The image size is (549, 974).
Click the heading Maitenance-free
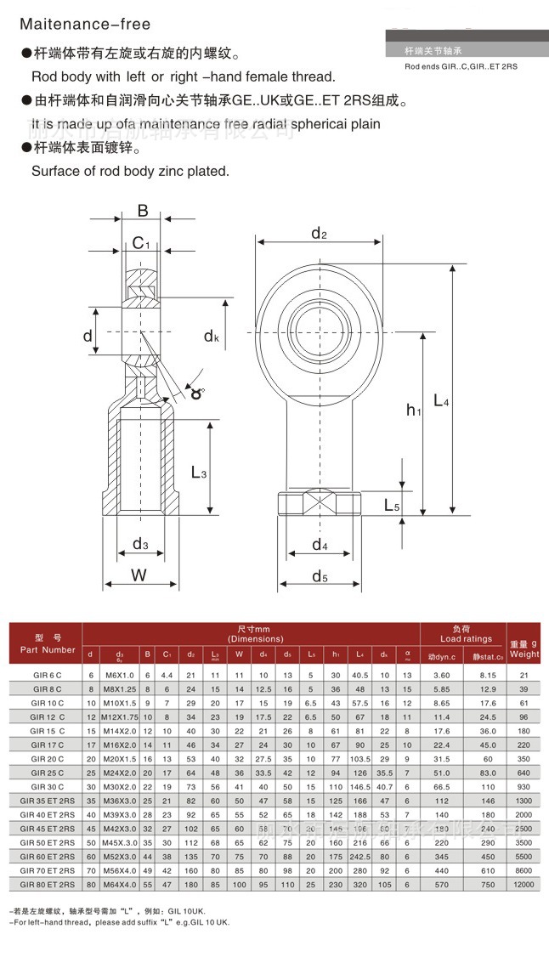pos(84,24)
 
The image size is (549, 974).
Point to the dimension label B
pos(143,212)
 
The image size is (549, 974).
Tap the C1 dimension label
pos(142,245)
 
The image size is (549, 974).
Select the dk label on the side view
pos(212,337)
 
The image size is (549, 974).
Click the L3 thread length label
pos(199,472)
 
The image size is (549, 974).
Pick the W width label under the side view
pos(139,575)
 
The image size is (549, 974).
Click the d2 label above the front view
pos(319,234)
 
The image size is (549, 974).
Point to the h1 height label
pos(414,411)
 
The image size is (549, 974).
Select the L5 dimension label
pos(392,505)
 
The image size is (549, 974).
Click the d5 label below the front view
pos(320,577)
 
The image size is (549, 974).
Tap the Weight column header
pos(524,649)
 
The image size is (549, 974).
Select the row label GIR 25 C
pos(48,773)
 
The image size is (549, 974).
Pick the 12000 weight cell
pos(524,884)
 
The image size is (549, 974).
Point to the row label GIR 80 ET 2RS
pos(48,884)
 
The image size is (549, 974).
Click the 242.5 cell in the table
pos(359,857)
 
